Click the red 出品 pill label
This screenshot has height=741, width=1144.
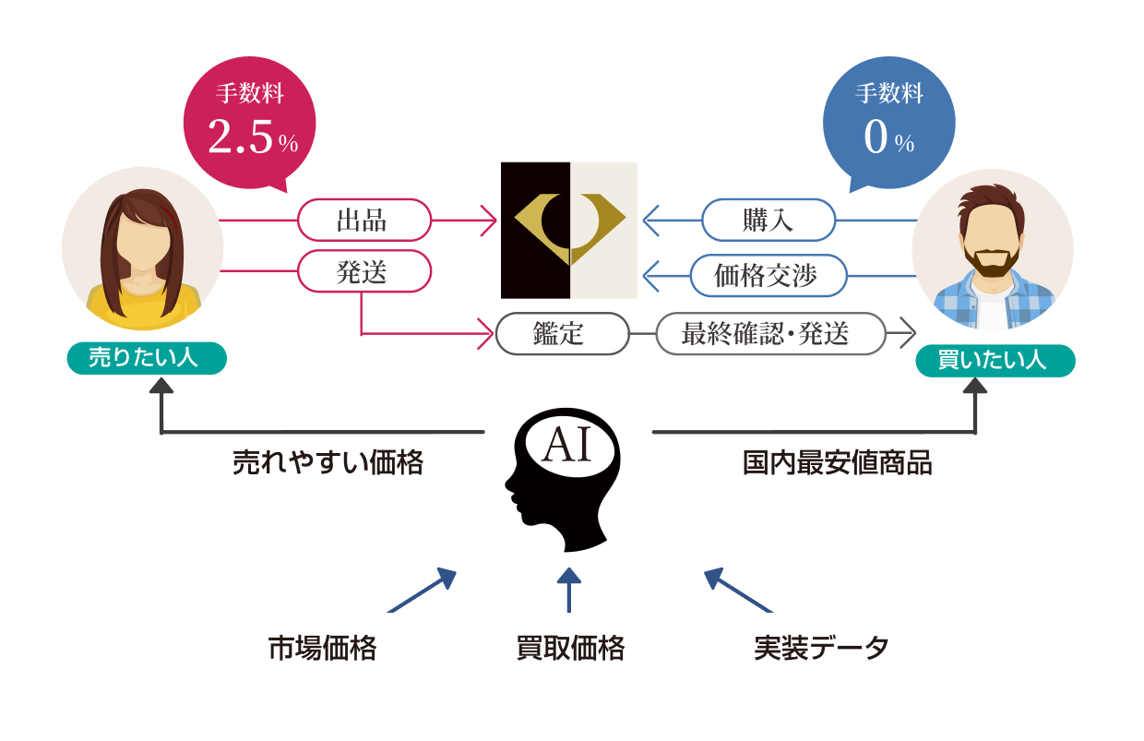point(363,221)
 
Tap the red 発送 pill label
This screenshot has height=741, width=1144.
point(363,271)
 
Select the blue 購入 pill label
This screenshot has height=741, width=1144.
point(768,221)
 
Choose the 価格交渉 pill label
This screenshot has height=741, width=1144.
point(768,275)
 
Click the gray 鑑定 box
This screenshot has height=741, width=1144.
point(561,333)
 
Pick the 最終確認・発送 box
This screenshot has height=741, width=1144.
point(769,333)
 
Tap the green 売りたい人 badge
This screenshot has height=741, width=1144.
point(146,358)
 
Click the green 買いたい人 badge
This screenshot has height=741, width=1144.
point(994,360)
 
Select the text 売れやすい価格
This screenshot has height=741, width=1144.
point(327,463)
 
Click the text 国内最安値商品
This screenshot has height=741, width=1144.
point(837,463)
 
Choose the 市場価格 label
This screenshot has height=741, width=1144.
point(322,649)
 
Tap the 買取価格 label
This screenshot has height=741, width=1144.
point(569,649)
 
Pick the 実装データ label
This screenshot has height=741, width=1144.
point(821,649)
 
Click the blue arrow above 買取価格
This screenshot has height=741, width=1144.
point(569,591)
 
